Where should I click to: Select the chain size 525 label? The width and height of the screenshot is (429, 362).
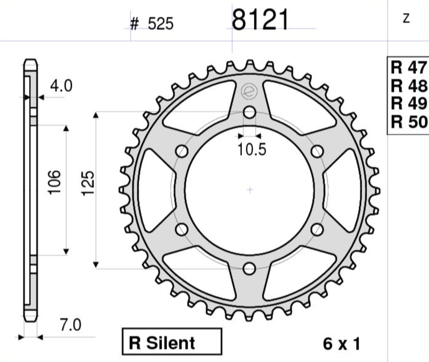point(152,24)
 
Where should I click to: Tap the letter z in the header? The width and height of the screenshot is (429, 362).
point(407,19)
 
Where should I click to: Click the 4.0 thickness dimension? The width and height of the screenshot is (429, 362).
point(61,86)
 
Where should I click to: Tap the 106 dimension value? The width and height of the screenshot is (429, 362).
point(55,181)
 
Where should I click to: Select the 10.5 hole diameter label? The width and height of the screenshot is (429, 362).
point(251,150)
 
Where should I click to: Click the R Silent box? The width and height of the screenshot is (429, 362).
point(172,342)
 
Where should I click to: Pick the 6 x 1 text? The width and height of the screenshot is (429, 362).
point(341,344)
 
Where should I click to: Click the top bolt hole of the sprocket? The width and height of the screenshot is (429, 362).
point(249,112)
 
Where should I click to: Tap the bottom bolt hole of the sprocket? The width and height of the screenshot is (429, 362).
point(249,269)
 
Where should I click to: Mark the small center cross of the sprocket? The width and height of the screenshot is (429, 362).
point(250,190)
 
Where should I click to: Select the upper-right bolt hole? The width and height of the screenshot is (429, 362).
point(317,151)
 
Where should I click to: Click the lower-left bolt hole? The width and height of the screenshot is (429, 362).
point(182,229)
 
